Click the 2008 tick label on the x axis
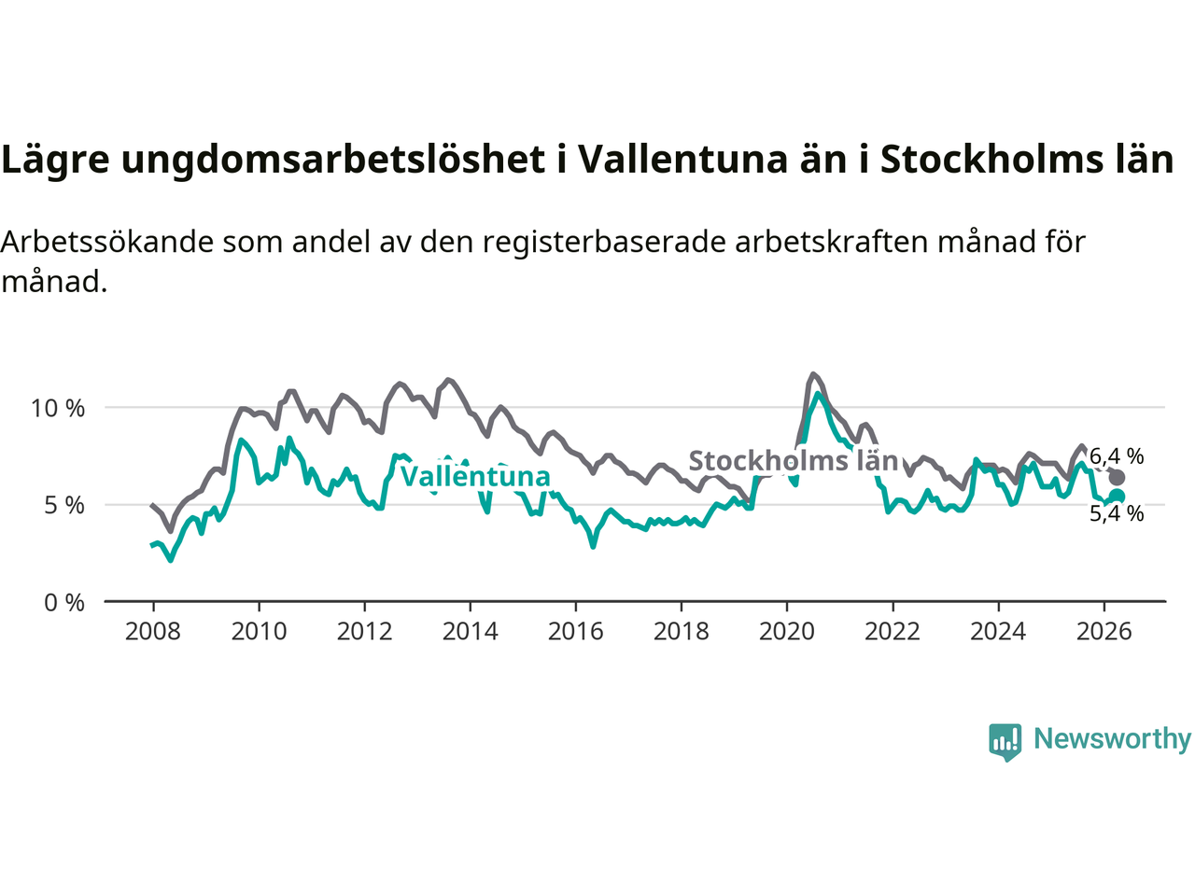tap(152, 632)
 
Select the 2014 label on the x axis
tap(470, 632)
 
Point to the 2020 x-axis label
tap(787, 632)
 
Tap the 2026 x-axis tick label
tap(1104, 632)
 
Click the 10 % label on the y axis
tap(58, 408)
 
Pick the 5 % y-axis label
tap(64, 506)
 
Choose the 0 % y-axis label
tap(64, 603)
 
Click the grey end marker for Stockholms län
tap(1117, 478)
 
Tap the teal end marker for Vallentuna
tap(1118, 496)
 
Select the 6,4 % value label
tap(1117, 456)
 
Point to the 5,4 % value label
tap(1117, 513)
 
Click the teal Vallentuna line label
tap(476, 477)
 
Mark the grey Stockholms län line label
tap(794, 461)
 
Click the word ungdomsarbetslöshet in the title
tap(333, 161)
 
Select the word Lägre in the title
tap(55, 161)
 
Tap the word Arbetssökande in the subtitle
tap(107, 242)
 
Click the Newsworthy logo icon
tap(1005, 742)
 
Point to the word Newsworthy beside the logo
tap(1112, 739)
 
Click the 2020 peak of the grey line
tap(813, 373)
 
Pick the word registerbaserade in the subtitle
tap(604, 242)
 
